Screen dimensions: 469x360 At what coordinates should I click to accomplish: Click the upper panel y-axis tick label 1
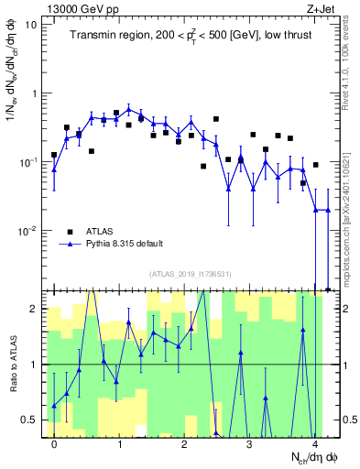click(x=35, y=93)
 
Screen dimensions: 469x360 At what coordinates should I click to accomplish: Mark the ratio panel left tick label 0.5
click(x=29, y=420)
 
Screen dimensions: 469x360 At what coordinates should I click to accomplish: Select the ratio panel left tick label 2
click(x=34, y=309)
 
